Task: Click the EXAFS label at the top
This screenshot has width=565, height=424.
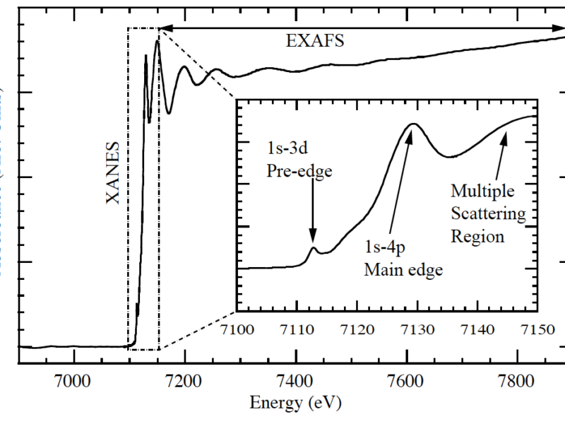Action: coord(315,40)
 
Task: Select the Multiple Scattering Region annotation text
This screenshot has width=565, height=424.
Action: coord(488,213)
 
